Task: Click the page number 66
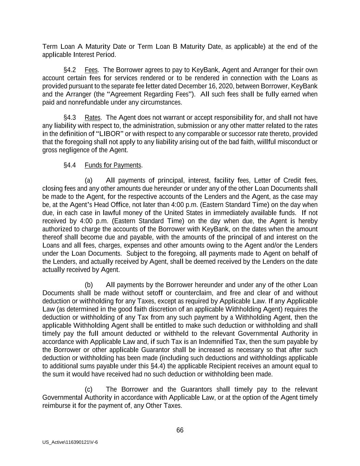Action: point(180,430)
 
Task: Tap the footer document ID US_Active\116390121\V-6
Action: point(70,442)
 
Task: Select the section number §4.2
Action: point(70,70)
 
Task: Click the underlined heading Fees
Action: point(91,70)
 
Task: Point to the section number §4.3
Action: point(70,117)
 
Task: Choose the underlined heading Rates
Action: point(92,117)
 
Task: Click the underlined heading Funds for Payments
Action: point(113,165)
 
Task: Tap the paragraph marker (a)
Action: point(88,180)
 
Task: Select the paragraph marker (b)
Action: point(88,285)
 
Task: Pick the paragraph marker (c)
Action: point(88,390)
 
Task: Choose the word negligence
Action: point(73,150)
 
